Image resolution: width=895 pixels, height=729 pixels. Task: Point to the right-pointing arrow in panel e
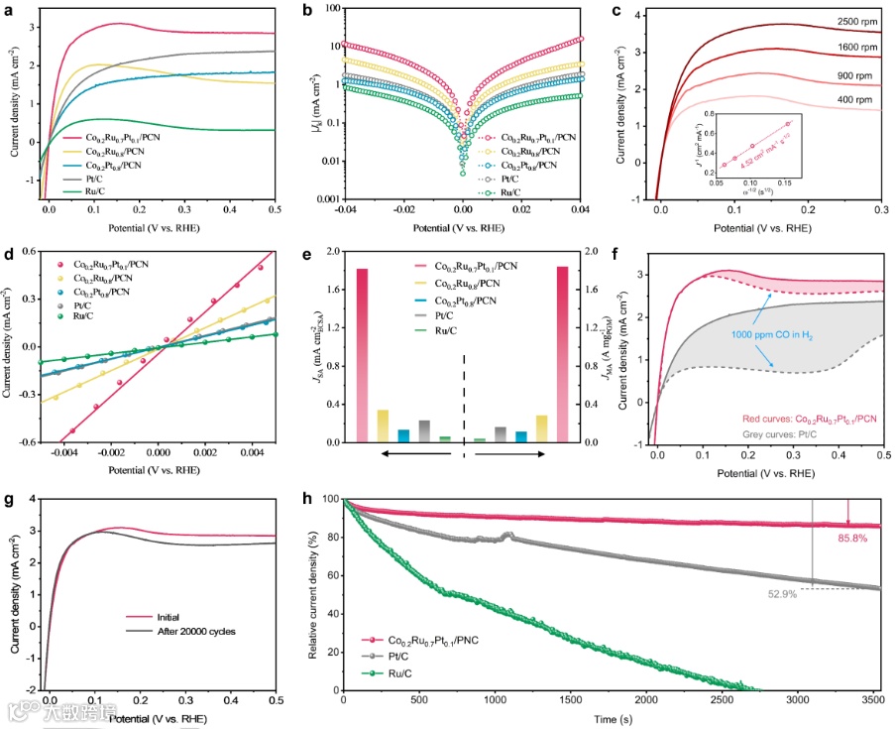(510, 454)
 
